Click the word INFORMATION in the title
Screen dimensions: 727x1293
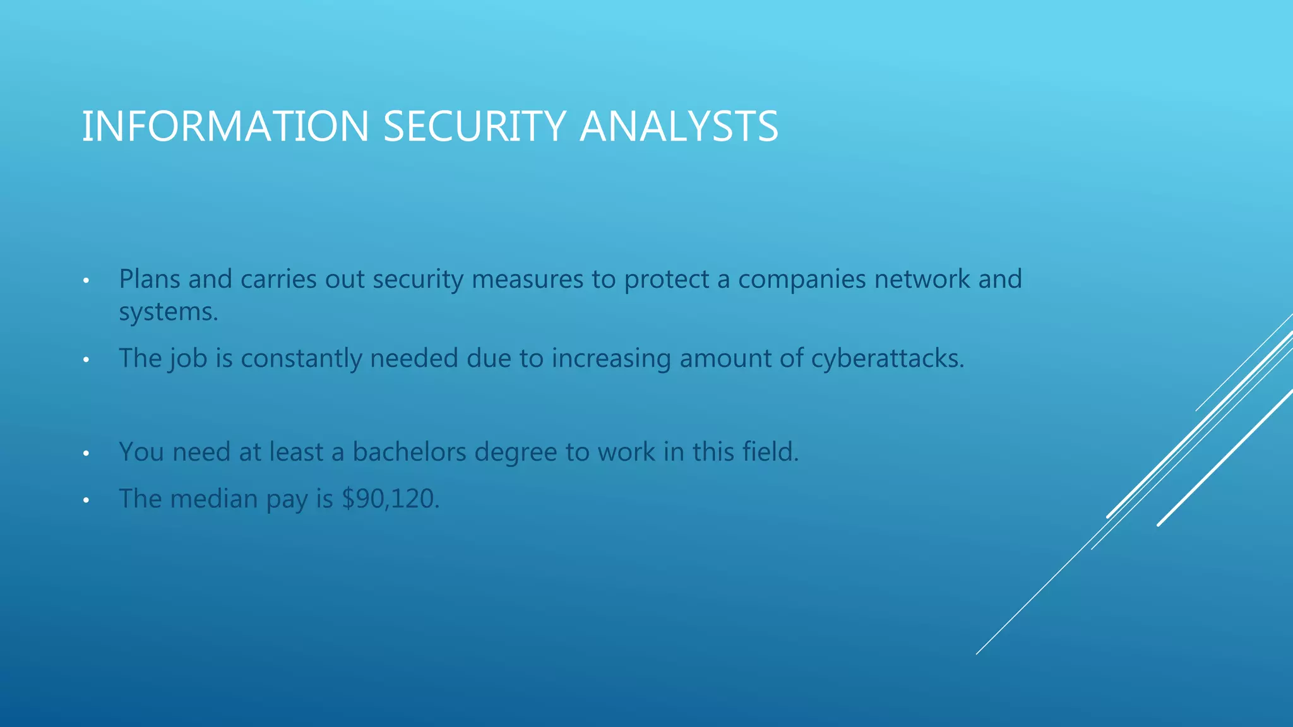(225, 126)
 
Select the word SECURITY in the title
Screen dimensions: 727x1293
(474, 126)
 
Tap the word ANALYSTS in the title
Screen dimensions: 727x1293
(679, 126)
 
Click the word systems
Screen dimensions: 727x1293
(168, 312)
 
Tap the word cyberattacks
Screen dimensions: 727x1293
(887, 358)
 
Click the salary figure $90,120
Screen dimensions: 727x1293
(390, 499)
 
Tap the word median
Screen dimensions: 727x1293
(214, 499)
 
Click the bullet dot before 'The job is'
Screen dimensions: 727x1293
(86, 360)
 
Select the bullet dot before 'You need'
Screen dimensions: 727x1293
(86, 454)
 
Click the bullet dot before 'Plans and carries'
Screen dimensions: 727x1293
(86, 281)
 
